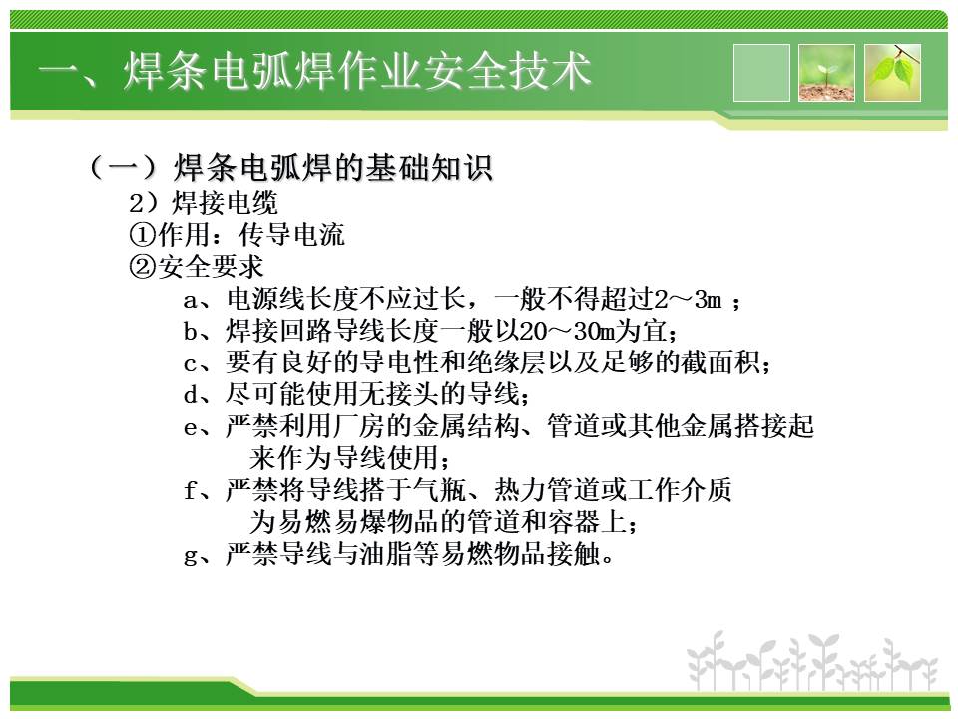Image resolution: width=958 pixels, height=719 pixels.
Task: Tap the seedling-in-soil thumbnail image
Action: (x=826, y=73)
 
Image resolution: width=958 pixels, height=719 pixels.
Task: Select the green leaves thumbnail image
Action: (x=892, y=73)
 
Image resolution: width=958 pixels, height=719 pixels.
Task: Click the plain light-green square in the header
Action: (x=761, y=73)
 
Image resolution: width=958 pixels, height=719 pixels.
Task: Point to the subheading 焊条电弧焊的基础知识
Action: (x=332, y=167)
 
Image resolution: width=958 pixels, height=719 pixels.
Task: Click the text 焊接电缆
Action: (x=225, y=203)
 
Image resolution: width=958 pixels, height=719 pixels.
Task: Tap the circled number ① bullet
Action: (x=143, y=235)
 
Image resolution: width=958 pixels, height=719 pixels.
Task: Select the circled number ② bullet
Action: (x=143, y=267)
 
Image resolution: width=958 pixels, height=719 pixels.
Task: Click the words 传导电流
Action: (x=291, y=235)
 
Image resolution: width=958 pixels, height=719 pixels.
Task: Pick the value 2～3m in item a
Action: (x=689, y=300)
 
